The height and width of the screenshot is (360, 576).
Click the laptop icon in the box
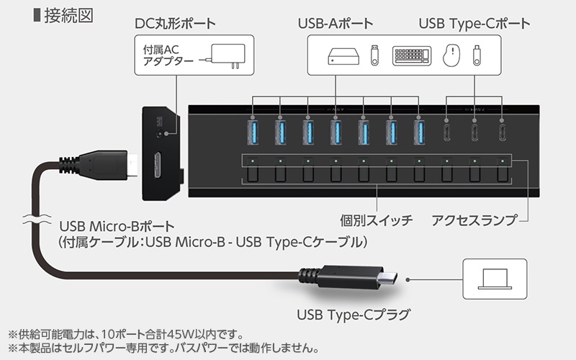click(495, 279)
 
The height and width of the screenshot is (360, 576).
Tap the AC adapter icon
click(224, 56)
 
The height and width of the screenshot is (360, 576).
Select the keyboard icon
click(411, 56)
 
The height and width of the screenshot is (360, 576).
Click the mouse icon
click(451, 55)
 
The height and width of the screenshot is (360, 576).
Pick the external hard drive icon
click(343, 56)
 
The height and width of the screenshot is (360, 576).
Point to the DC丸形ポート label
click(175, 24)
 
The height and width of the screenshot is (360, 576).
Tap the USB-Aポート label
click(336, 24)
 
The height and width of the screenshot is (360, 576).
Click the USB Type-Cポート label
click(474, 24)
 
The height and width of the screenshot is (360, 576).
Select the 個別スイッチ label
click(376, 220)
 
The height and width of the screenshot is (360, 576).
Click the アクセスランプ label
click(474, 220)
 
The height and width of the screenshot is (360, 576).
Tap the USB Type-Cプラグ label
click(354, 315)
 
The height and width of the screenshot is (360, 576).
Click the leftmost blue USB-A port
click(253, 132)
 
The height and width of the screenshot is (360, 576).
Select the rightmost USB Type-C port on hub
click(502, 132)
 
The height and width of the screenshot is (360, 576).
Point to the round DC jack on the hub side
click(160, 134)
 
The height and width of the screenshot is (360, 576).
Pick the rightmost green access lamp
click(502, 161)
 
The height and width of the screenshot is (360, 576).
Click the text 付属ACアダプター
click(168, 55)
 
